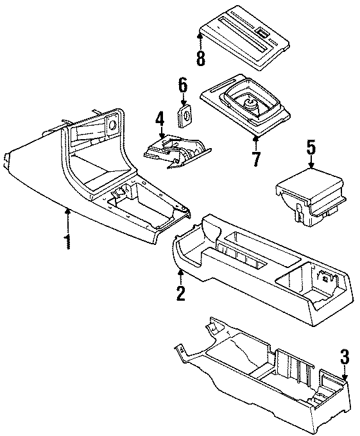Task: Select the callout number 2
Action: click(180, 293)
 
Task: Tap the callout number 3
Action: click(345, 357)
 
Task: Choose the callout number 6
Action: click(182, 85)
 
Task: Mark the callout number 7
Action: click(256, 157)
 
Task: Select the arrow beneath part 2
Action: click(180, 276)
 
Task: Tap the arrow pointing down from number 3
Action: click(345, 376)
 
